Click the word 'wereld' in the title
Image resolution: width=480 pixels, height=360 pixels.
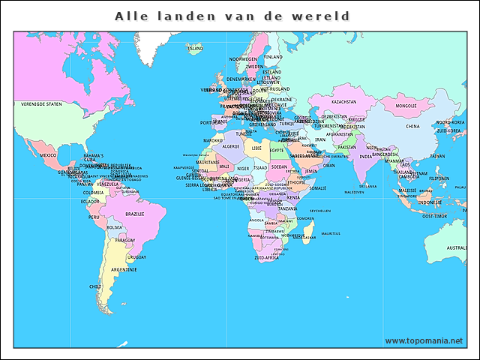322,16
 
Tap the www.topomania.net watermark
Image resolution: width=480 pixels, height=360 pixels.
423,340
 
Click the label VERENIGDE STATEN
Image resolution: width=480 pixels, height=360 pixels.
41,104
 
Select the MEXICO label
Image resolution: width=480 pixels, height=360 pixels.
48,155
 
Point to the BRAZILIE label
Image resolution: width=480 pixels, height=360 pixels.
135,214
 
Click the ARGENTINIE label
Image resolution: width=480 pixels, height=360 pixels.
124,269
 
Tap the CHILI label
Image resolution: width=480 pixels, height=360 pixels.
95,286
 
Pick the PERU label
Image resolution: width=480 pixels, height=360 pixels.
94,217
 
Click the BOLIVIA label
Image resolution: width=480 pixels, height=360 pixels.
114,227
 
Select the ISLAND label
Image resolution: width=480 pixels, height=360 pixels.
196,48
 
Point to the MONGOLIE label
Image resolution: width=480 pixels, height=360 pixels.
406,106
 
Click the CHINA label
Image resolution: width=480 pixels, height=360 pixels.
412,127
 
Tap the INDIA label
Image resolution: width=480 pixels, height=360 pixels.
365,157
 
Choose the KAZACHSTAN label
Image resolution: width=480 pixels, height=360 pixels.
343,101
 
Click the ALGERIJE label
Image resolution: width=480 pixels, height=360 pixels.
230,146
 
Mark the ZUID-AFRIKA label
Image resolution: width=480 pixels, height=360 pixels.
266,257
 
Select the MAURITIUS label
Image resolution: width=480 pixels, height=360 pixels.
331,233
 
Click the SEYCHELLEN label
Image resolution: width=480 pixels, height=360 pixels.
320,211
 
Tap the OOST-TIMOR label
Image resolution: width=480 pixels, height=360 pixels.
434,216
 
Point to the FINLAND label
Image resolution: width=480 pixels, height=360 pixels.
273,56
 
